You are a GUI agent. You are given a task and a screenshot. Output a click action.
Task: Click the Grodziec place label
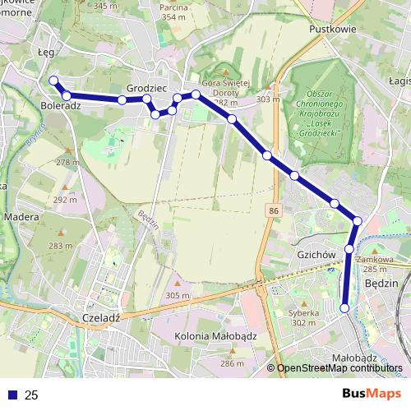[148, 86]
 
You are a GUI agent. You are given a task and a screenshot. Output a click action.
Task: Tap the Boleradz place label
[60, 107]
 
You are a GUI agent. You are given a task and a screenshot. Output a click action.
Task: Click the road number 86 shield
[271, 211]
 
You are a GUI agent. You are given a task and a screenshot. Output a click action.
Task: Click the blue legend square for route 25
[12, 395]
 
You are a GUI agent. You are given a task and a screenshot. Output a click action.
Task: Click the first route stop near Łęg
[53, 80]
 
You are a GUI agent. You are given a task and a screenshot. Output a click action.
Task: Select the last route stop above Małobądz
[345, 308]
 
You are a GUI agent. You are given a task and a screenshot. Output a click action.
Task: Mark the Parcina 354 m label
[196, 12]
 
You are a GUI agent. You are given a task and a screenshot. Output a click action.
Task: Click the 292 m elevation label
[65, 199]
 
